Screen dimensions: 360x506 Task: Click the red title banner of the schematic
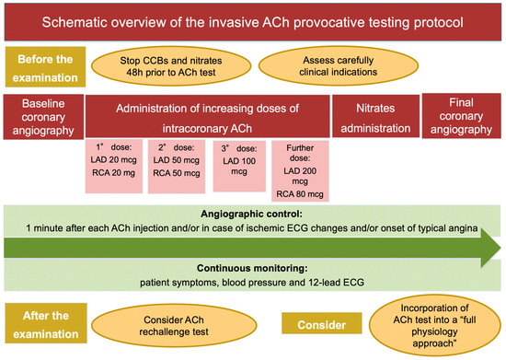253,21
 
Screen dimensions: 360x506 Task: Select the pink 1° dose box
115,165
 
